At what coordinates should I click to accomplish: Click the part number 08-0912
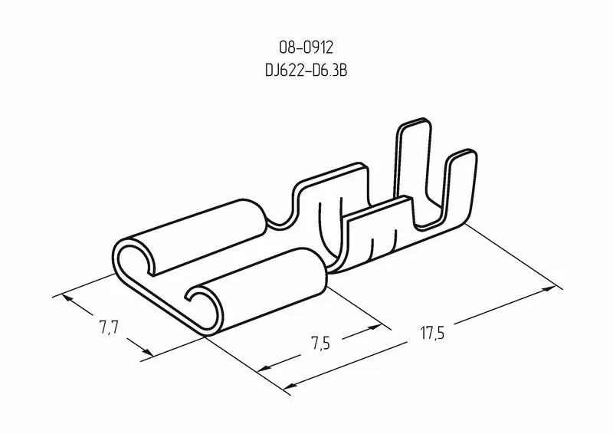click(306, 48)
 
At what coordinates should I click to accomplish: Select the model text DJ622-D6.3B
click(306, 71)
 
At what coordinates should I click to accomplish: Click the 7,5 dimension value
click(320, 344)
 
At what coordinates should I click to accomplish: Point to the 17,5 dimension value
click(432, 333)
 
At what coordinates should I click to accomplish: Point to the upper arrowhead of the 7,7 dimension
click(67, 298)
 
